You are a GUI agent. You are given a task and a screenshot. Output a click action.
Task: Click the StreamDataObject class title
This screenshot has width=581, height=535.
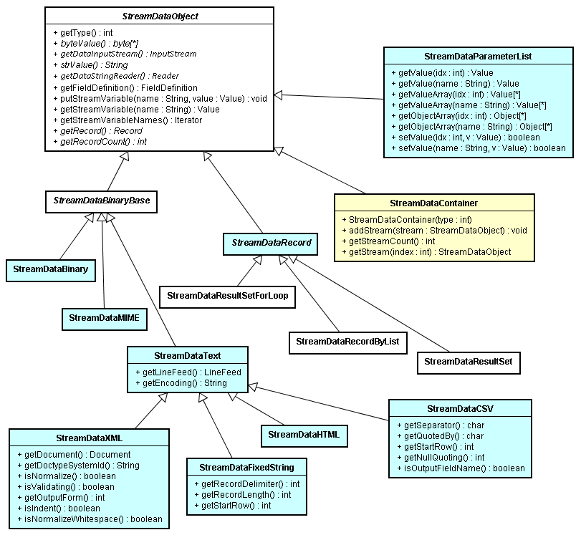coord(160,16)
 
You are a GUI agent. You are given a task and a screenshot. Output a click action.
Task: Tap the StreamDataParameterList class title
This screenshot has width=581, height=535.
coord(477,56)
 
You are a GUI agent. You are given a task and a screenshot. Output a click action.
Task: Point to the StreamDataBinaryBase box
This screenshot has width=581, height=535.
coord(102,201)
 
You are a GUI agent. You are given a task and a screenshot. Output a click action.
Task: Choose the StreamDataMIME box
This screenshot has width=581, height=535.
coord(104,317)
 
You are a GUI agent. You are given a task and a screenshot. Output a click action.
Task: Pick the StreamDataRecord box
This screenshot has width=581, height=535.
coord(271,243)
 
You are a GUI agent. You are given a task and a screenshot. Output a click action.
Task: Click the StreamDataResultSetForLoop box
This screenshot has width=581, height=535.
coord(227,295)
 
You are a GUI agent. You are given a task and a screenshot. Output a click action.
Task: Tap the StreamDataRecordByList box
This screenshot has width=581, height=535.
coord(347,342)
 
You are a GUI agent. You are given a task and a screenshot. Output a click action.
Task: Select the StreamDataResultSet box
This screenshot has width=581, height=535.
coord(469,362)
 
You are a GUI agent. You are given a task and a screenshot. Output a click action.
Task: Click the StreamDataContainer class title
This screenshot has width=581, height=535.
coord(434,203)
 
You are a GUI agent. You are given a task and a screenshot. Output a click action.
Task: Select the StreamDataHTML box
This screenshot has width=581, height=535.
coord(304,434)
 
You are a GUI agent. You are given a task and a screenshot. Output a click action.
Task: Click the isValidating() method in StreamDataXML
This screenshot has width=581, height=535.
coord(65,486)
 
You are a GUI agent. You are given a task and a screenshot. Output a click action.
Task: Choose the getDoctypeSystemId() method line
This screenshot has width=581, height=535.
coord(77,465)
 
